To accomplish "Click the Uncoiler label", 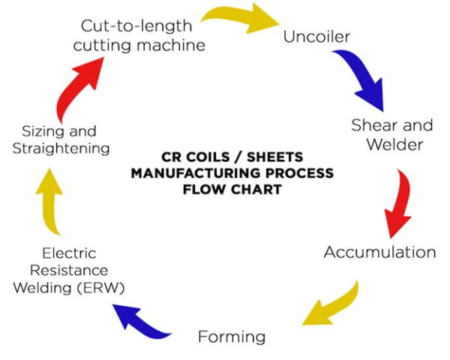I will click(316, 36).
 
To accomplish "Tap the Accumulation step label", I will click(379, 252).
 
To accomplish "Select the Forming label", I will click(232, 337).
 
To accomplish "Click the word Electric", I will click(69, 253).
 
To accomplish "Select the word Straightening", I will click(61, 148).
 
